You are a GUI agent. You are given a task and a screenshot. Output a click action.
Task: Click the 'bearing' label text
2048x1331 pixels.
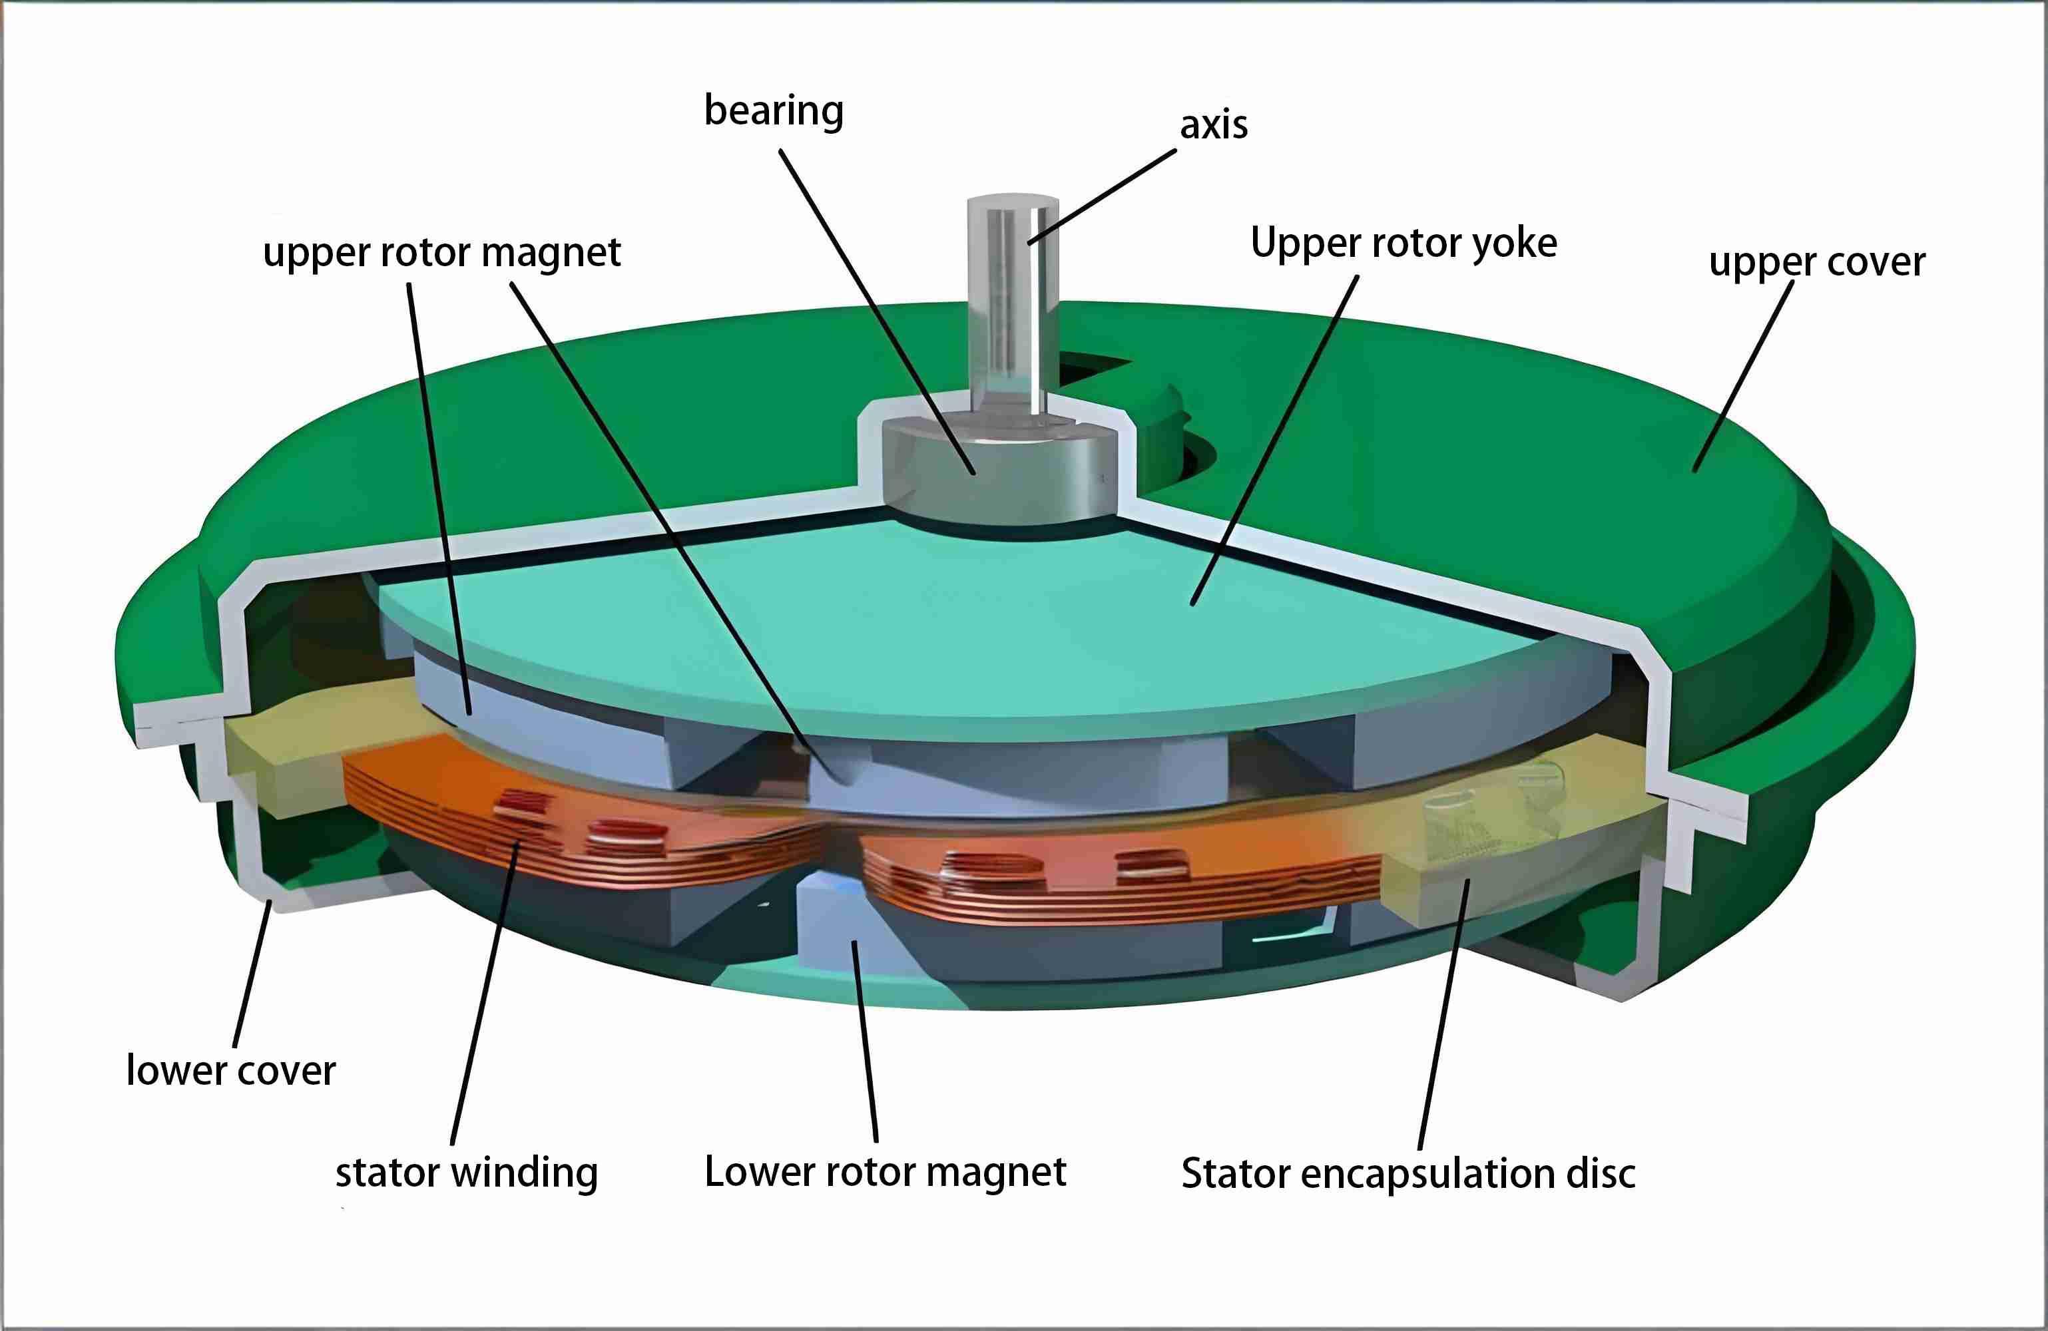[x=774, y=112]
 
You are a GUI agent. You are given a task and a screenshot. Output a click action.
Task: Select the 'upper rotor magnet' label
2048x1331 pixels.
[x=441, y=253]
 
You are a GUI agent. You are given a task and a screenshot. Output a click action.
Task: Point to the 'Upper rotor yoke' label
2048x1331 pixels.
[x=1404, y=244]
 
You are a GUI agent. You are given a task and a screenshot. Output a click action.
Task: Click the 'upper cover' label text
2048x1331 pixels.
[x=1816, y=262]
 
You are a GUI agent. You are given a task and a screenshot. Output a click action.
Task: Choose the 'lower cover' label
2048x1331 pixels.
[x=230, y=1071]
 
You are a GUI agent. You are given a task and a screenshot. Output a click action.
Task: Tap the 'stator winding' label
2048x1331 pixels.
[x=467, y=1173]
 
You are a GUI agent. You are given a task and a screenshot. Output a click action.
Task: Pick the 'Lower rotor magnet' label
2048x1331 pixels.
[x=885, y=1173]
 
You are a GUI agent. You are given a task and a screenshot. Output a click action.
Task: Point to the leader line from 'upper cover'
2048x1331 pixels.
[x=1744, y=375]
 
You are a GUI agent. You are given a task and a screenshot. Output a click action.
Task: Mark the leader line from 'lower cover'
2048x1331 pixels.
[x=251, y=972]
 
